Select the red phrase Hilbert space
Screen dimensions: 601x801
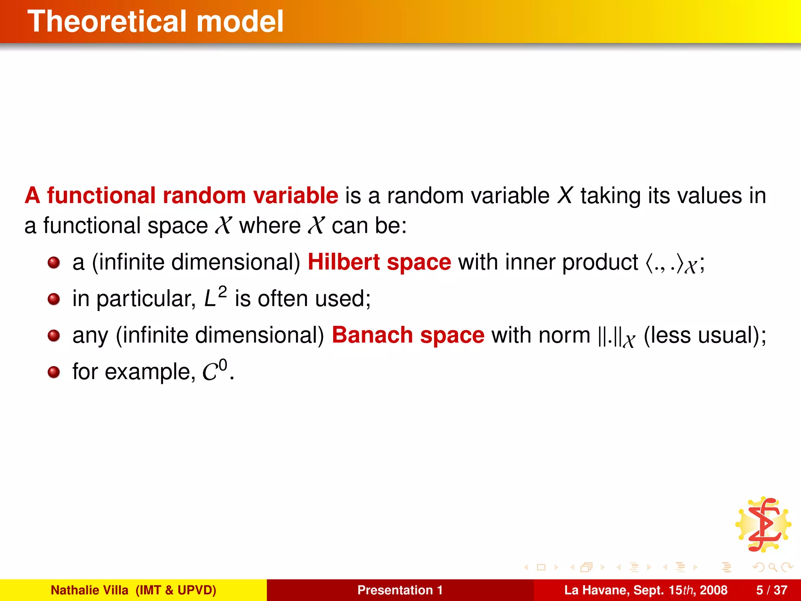[379, 262]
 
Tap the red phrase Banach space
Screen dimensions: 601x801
[408, 335]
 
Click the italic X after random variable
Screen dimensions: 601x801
[565, 195]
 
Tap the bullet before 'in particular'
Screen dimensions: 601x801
[54, 299]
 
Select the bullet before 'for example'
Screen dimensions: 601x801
[54, 372]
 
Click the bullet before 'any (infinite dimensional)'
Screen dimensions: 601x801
[54, 336]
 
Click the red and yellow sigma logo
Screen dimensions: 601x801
[763, 524]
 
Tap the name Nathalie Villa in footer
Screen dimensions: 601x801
[89, 590]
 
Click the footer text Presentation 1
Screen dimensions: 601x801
[400, 590]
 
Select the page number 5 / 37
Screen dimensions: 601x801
[771, 590]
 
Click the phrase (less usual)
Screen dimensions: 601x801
[704, 335]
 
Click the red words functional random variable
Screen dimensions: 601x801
[192, 195]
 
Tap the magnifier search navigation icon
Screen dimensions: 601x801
[772, 567]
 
